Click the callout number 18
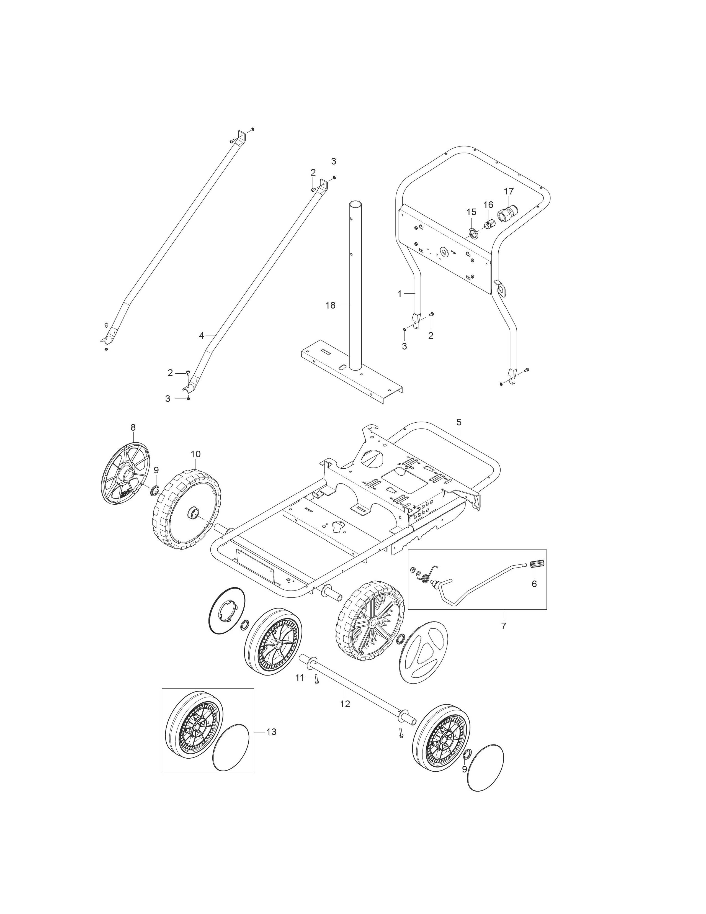click(330, 305)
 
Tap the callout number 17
click(509, 191)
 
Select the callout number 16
click(488, 205)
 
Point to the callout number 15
click(471, 212)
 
